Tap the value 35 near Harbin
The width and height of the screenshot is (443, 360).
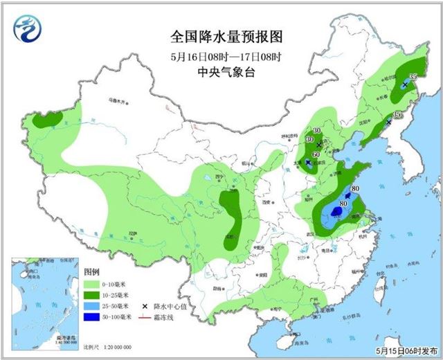[x=413, y=77]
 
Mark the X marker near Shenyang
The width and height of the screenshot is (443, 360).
[x=388, y=122]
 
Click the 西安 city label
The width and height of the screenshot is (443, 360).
[x=266, y=201]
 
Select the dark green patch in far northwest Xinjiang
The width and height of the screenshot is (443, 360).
[x=46, y=120]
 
